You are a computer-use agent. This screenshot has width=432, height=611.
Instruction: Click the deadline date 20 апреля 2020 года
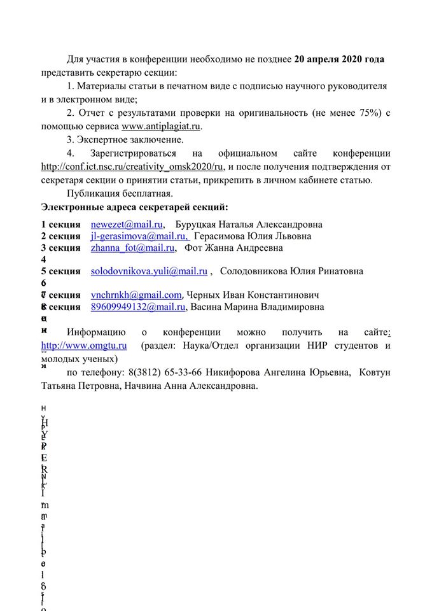(x=339, y=59)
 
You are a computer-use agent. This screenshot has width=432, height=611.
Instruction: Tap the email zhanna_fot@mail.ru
(x=132, y=248)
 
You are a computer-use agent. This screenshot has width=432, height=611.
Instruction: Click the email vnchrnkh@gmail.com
(x=136, y=295)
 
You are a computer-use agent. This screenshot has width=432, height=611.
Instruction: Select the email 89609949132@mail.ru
(x=138, y=307)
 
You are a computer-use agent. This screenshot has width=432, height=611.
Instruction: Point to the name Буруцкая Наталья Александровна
(x=249, y=224)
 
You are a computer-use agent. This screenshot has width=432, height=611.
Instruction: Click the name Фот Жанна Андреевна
(x=233, y=248)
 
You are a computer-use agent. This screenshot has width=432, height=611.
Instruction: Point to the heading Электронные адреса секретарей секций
(x=134, y=207)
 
